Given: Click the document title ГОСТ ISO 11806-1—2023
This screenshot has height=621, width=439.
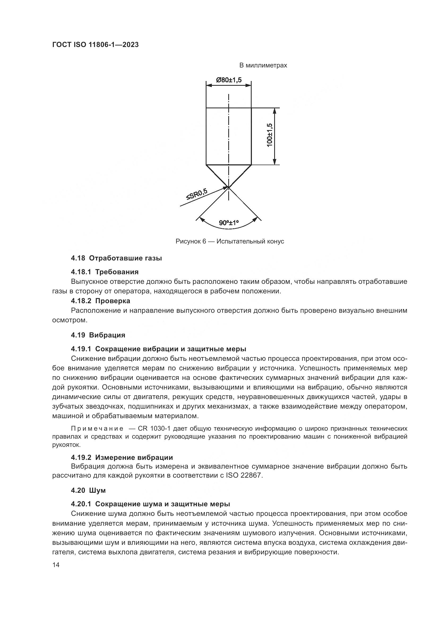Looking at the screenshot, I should (x=95, y=45).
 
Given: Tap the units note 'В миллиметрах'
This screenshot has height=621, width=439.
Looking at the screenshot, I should (x=263, y=66).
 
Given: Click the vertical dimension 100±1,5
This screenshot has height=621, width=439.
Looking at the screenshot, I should (x=269, y=135).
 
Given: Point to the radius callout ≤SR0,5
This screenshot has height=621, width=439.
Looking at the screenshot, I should (x=196, y=194).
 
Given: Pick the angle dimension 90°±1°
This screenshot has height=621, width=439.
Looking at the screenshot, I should (x=229, y=223).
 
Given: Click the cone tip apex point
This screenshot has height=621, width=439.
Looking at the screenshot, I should (x=229, y=187).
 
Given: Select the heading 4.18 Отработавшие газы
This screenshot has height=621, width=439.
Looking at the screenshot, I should (x=116, y=258).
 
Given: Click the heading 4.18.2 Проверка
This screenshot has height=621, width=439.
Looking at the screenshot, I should (x=101, y=301).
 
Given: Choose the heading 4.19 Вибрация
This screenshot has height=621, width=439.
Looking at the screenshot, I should (x=98, y=335).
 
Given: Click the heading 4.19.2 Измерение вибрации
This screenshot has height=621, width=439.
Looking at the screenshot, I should (x=122, y=457).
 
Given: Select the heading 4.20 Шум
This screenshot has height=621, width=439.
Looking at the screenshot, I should (x=88, y=490).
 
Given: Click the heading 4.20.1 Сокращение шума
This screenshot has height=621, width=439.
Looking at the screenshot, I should (x=150, y=504).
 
